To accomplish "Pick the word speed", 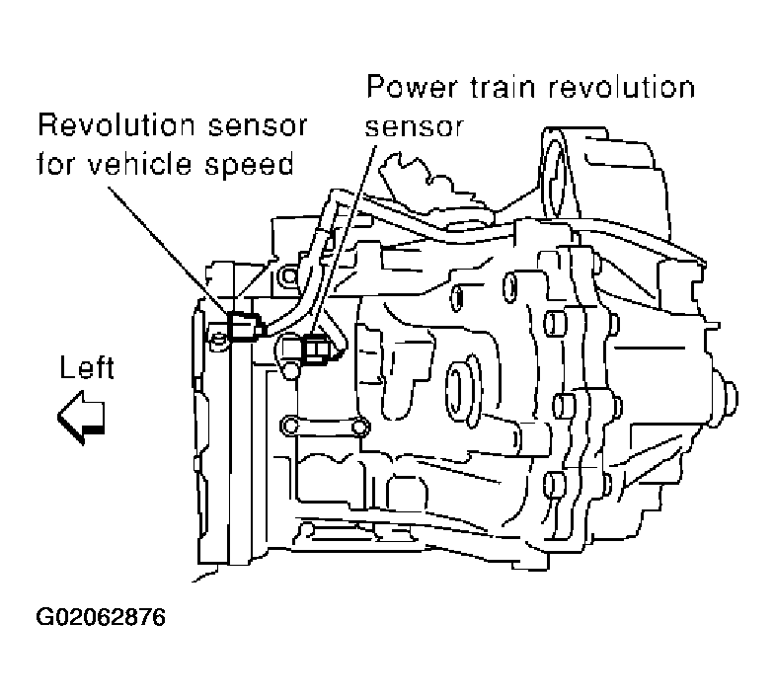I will [259, 163].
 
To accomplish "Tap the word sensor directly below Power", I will [414, 126].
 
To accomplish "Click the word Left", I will [87, 369].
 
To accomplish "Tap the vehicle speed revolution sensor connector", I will [242, 325].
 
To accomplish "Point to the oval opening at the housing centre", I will [461, 381].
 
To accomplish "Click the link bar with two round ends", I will [324, 427].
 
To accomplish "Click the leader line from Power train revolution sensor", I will [346, 237].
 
